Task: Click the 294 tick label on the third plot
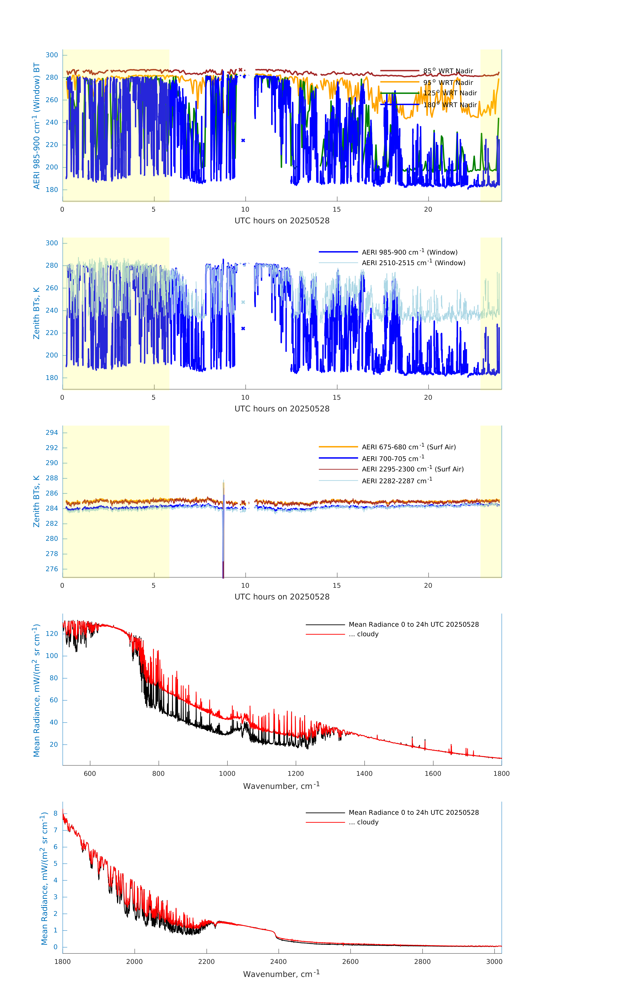[52, 432]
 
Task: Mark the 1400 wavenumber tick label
[364, 773]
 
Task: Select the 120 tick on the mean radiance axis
[52, 634]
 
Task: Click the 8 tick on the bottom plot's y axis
[55, 813]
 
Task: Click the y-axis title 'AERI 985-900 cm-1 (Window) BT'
[37, 126]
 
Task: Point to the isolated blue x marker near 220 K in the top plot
[243, 140]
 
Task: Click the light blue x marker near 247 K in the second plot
[243, 302]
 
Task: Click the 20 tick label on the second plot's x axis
[428, 397]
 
